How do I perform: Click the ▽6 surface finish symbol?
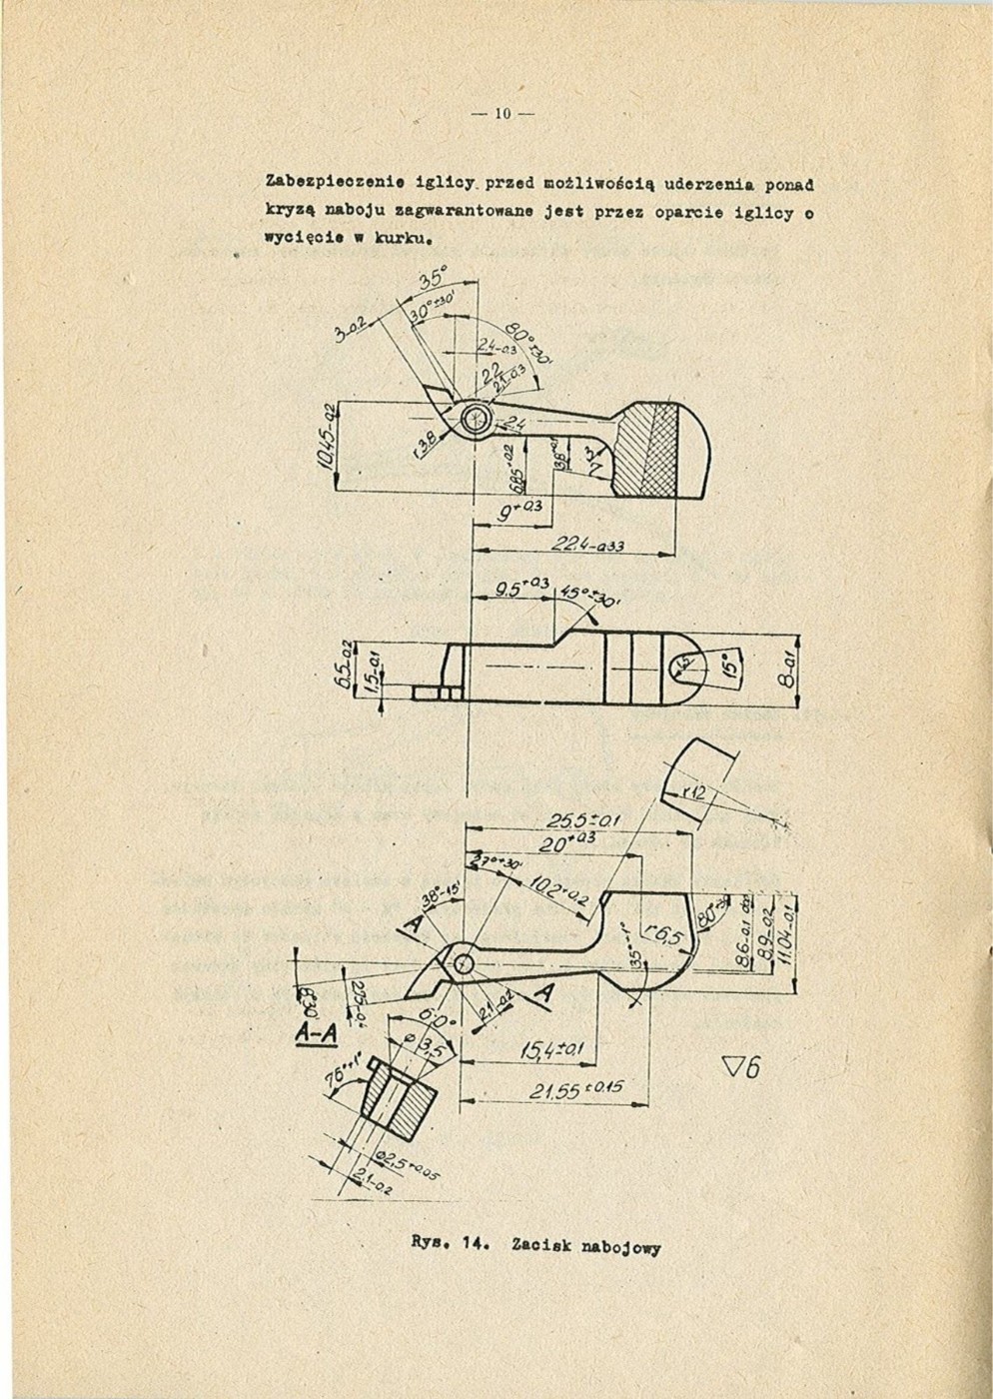[740, 1068]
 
